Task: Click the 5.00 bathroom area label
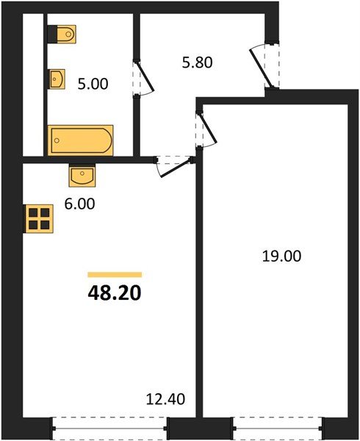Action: pos(93,84)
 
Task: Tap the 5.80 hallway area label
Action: pos(198,63)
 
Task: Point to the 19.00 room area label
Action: pos(282,257)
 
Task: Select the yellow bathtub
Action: pos(81,140)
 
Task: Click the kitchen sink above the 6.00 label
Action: pos(82,176)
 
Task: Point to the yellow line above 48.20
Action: pos(115,274)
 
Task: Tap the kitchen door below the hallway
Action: pos(174,165)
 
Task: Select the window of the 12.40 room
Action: pos(110,427)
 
